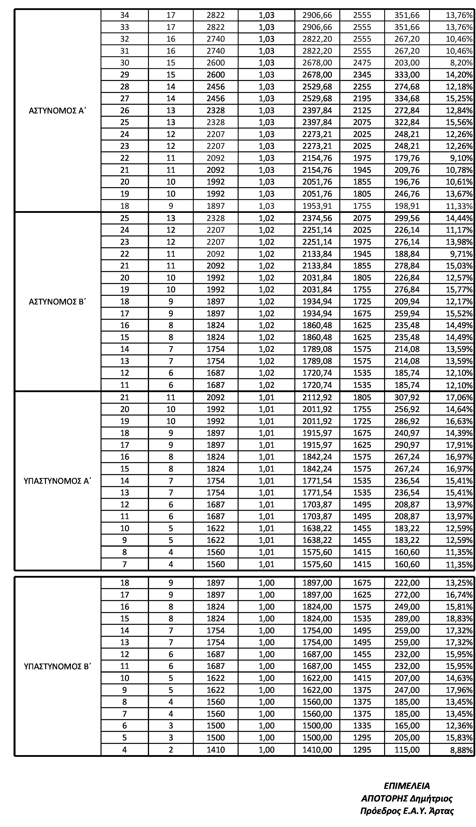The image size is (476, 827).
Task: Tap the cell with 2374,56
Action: (x=317, y=218)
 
